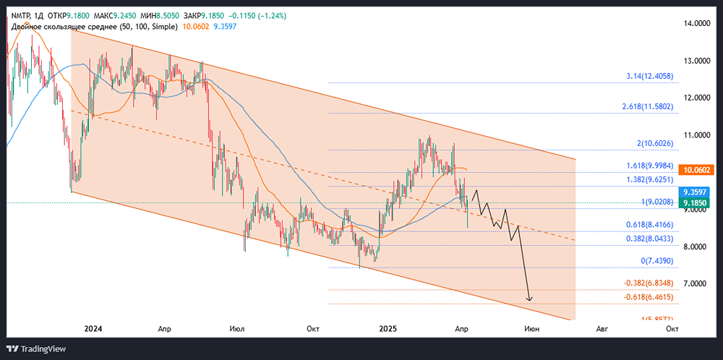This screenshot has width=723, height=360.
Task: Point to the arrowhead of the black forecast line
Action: coord(530,299)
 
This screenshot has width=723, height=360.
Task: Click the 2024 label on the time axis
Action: coord(93,328)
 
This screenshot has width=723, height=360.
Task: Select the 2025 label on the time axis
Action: coord(389,328)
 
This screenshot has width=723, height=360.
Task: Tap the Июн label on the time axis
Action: coord(531,328)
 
